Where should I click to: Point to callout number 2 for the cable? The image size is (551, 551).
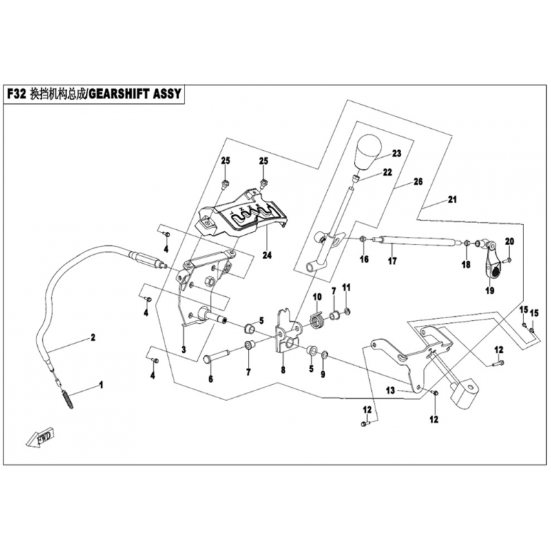pyautogui.click(x=90, y=338)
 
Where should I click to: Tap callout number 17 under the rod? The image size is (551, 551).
pyautogui.click(x=392, y=262)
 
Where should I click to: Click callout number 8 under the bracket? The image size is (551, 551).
pyautogui.click(x=282, y=370)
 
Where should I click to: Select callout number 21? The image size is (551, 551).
pyautogui.click(x=452, y=200)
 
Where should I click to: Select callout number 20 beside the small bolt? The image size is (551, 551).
pyautogui.click(x=510, y=241)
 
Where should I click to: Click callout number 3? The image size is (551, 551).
pyautogui.click(x=183, y=349)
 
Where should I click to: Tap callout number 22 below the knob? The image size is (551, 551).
pyautogui.click(x=388, y=171)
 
